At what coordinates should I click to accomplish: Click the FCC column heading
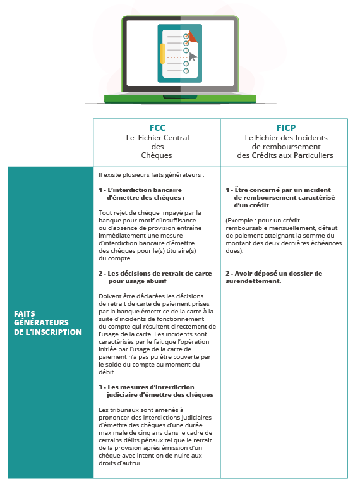157,128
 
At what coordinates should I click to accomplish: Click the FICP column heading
285,128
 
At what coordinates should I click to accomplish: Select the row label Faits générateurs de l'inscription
48,322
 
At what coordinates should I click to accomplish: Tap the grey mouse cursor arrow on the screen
193,57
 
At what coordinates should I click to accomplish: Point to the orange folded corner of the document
193,36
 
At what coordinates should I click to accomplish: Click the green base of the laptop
181,99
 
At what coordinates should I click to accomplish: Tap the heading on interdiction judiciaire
155,390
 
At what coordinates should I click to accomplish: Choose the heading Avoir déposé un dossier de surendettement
274,277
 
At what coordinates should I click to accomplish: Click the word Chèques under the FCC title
157,155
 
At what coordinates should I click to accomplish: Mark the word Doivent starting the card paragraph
111,296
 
